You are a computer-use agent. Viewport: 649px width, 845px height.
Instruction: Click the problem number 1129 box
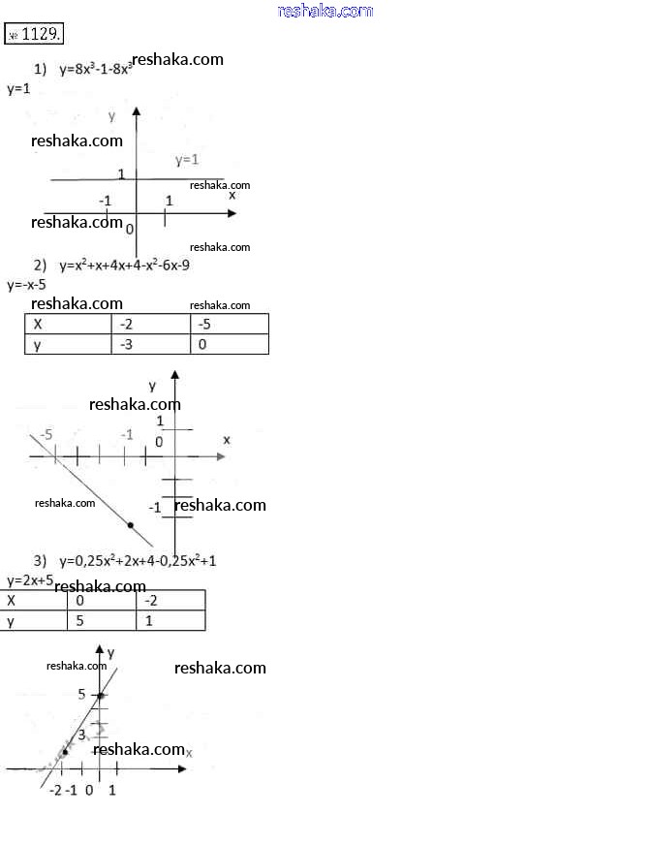tap(35, 34)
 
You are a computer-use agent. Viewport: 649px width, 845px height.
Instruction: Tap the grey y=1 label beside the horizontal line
tap(187, 160)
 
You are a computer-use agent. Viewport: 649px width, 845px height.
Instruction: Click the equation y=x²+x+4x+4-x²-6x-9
tap(124, 265)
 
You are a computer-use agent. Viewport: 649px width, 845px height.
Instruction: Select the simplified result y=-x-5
tap(26, 285)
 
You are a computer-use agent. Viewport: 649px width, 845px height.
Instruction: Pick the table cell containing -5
tap(229, 325)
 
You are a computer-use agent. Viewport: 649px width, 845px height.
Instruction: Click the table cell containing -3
tap(150, 345)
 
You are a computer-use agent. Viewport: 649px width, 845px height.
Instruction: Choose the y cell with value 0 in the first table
tap(229, 345)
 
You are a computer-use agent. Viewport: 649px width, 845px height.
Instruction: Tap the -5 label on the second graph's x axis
tap(46, 435)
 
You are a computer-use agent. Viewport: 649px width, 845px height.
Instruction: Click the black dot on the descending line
tap(131, 524)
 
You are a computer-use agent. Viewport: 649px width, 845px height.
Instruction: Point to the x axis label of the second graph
tap(227, 440)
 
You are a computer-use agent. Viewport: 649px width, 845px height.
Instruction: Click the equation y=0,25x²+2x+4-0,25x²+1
tap(138, 560)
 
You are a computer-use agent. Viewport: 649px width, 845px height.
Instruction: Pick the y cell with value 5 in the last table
tap(102, 620)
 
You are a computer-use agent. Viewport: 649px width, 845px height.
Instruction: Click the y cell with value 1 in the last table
tap(170, 620)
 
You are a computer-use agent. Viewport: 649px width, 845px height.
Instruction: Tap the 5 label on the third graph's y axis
tap(82, 693)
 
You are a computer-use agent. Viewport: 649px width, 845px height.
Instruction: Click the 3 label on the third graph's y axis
tap(82, 735)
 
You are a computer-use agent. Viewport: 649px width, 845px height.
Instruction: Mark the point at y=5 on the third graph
tap(100, 696)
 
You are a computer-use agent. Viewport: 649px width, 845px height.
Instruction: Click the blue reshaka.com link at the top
tap(324, 11)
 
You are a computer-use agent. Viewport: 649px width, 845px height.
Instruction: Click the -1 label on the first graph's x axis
tap(105, 201)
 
